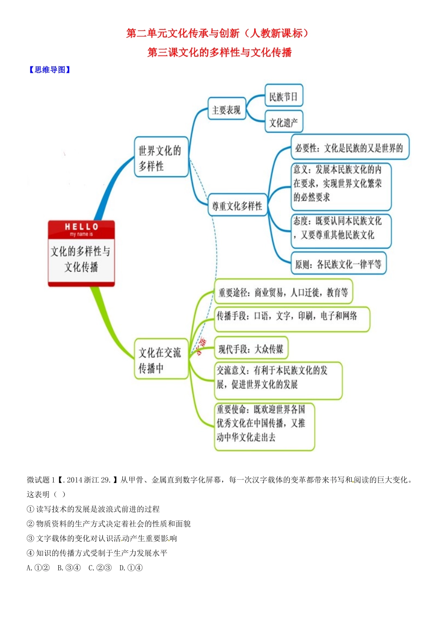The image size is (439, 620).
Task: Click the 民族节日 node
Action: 283,97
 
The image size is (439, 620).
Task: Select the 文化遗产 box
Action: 283,122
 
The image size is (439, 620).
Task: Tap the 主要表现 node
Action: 226,110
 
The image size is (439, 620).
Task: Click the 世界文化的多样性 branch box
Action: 160,157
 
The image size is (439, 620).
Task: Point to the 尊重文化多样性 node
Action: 237,206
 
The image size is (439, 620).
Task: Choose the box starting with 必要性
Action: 349,148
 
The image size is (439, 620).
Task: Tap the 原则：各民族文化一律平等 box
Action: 338,264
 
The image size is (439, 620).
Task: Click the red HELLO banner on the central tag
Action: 81,229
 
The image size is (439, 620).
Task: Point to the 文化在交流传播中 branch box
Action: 160,359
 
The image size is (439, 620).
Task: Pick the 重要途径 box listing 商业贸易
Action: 283,292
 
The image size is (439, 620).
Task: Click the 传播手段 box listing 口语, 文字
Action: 292,318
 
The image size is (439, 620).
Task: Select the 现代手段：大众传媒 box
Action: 251,349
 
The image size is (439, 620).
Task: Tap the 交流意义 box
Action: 278,381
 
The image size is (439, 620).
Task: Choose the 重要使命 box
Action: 264,426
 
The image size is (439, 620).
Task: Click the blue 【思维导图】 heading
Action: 49,70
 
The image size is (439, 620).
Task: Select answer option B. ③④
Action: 69,568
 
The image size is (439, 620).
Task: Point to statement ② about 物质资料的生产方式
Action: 109,524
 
